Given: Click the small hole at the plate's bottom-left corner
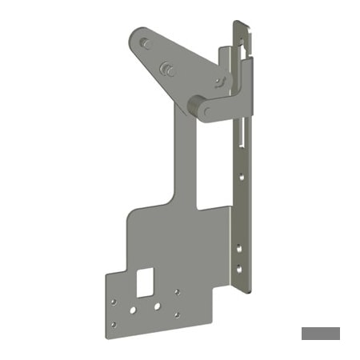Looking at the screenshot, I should pos(114,324).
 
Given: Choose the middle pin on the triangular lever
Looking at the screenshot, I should pos(169,69).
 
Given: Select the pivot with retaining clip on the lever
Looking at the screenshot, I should pos(219,82).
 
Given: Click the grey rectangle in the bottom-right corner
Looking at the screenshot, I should pos(320,333).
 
